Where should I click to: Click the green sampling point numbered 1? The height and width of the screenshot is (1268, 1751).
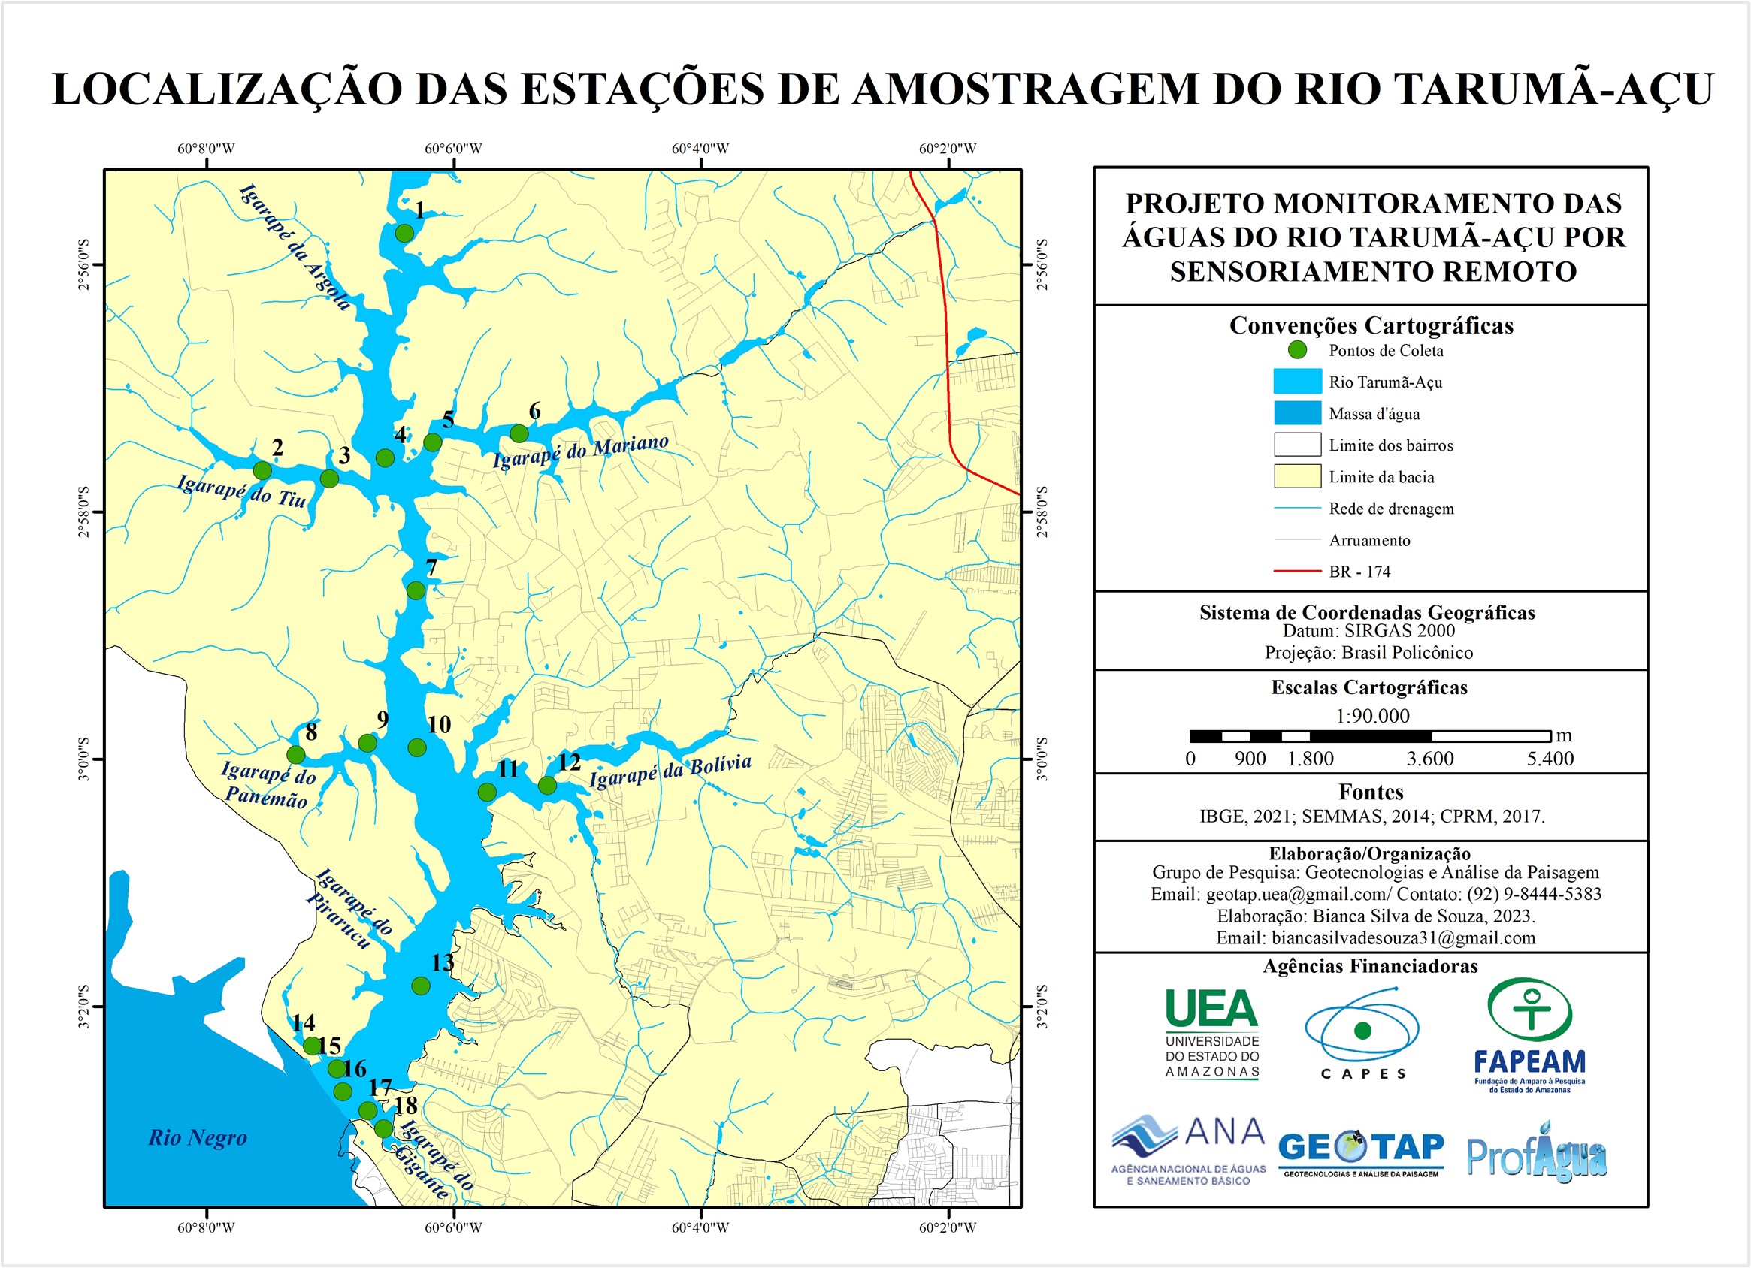tap(404, 232)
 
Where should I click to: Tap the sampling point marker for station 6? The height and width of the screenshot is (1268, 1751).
tap(519, 433)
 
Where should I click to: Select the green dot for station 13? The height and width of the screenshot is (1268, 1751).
tap(421, 986)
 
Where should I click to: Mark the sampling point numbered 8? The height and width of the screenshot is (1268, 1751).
tap(295, 754)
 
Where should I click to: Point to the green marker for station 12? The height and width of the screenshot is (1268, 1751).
tap(547, 786)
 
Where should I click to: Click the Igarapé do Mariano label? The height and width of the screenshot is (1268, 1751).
tap(580, 451)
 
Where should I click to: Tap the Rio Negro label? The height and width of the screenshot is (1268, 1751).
tap(198, 1137)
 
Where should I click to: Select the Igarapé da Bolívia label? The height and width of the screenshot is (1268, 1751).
tap(670, 771)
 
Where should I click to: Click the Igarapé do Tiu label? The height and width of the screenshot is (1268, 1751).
tap(242, 491)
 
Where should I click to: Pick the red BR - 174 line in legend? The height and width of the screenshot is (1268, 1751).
tap(1297, 571)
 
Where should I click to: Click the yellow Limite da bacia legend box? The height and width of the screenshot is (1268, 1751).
tap(1297, 476)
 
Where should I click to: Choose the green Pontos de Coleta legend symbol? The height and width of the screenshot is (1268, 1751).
tap(1298, 349)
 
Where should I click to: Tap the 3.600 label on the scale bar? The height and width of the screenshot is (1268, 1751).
tap(1430, 759)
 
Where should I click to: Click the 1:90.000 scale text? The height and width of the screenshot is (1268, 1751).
tap(1372, 715)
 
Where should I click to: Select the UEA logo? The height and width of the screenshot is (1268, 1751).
tap(1211, 1033)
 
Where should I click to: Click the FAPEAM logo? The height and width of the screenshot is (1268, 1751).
tap(1529, 1034)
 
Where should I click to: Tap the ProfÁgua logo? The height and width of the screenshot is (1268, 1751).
tap(1536, 1155)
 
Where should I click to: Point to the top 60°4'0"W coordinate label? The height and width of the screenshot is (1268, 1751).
tap(700, 148)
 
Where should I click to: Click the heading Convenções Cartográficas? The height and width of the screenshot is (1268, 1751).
tap(1371, 325)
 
